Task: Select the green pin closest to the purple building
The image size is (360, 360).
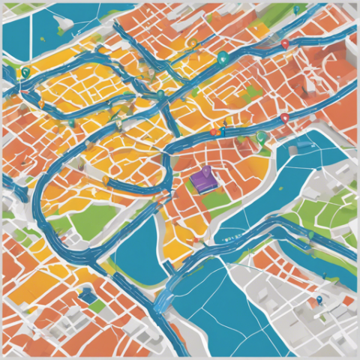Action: coord(260,136)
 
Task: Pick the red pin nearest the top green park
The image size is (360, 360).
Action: coord(284,44)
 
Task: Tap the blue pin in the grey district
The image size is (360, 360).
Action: coord(319,300)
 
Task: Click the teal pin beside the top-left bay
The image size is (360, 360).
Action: coord(25,73)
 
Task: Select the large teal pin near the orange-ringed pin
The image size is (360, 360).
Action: coord(221,57)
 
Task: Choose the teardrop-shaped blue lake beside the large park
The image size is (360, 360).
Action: coord(135,247)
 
